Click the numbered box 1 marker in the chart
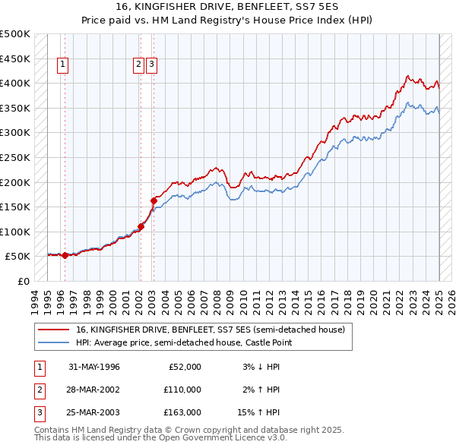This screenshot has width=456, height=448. (62, 65)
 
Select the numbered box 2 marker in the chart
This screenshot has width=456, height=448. (139, 65)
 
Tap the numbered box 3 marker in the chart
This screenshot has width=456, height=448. (152, 65)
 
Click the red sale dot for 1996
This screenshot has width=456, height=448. (65, 255)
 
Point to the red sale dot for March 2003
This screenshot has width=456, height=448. (154, 200)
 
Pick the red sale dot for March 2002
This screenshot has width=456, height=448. (141, 226)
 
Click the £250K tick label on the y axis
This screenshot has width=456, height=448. (15, 157)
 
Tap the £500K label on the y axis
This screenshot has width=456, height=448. (15, 34)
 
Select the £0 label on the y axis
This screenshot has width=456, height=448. (22, 281)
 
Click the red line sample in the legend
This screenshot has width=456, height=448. (54, 330)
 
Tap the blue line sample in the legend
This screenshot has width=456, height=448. (54, 342)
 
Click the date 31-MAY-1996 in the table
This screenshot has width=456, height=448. (94, 367)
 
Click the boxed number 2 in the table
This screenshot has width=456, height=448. (37, 390)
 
